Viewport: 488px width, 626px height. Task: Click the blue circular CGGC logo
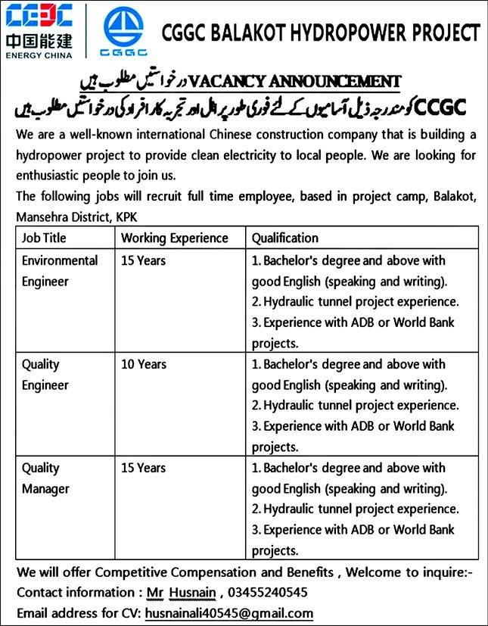point(123,30)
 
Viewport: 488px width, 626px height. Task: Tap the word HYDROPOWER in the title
point(335,33)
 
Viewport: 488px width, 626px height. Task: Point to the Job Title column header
point(44,238)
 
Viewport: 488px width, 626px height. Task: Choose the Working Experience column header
point(174,238)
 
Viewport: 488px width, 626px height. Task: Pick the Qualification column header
point(284,238)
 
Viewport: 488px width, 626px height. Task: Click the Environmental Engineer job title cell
point(60,271)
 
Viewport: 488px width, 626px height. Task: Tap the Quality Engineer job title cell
point(45,375)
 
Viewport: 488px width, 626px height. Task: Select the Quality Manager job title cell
point(45,478)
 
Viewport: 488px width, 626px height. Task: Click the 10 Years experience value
point(143,365)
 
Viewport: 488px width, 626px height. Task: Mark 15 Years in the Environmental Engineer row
point(143,261)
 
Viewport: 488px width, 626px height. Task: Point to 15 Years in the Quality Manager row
point(143,469)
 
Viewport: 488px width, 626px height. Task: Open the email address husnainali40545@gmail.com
point(228,613)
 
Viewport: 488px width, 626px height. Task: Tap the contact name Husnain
point(191,591)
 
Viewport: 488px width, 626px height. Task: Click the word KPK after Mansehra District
point(127,217)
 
